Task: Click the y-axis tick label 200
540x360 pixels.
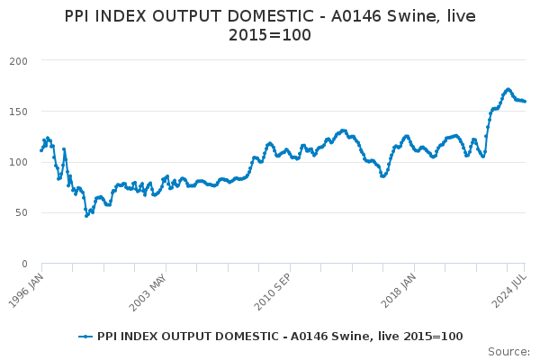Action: point(19,61)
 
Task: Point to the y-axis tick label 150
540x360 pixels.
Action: point(19,112)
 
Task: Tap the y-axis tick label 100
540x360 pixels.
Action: point(19,162)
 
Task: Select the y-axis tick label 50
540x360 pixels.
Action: point(22,213)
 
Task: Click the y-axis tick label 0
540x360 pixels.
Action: point(24,264)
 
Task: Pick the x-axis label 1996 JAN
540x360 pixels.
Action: point(26,291)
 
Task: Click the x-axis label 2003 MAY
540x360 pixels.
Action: point(148,292)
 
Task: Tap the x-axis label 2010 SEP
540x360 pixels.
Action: point(273,292)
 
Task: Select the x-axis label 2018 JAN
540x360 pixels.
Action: point(398,291)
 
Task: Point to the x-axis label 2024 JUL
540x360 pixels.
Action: point(509,291)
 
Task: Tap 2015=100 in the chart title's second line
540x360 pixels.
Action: point(270,35)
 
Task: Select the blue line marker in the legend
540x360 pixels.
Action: point(85,337)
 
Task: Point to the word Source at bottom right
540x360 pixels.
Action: point(508,352)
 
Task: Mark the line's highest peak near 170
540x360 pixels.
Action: point(508,89)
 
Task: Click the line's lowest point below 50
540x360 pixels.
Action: point(86,216)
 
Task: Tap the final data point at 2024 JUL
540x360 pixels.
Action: point(525,102)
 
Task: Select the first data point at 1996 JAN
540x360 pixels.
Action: point(41,150)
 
